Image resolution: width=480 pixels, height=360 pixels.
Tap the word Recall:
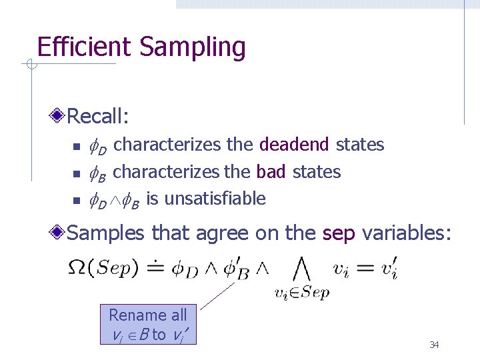[98, 117]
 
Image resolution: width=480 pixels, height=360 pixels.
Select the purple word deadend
[294, 145]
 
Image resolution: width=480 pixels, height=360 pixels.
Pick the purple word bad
[271, 172]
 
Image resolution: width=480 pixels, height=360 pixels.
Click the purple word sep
[337, 233]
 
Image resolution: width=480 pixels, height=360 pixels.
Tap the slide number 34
[434, 345]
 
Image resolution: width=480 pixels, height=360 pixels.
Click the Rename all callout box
[148, 325]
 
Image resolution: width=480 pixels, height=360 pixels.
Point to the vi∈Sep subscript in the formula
[302, 292]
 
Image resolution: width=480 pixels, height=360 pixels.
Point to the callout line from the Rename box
[217, 295]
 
